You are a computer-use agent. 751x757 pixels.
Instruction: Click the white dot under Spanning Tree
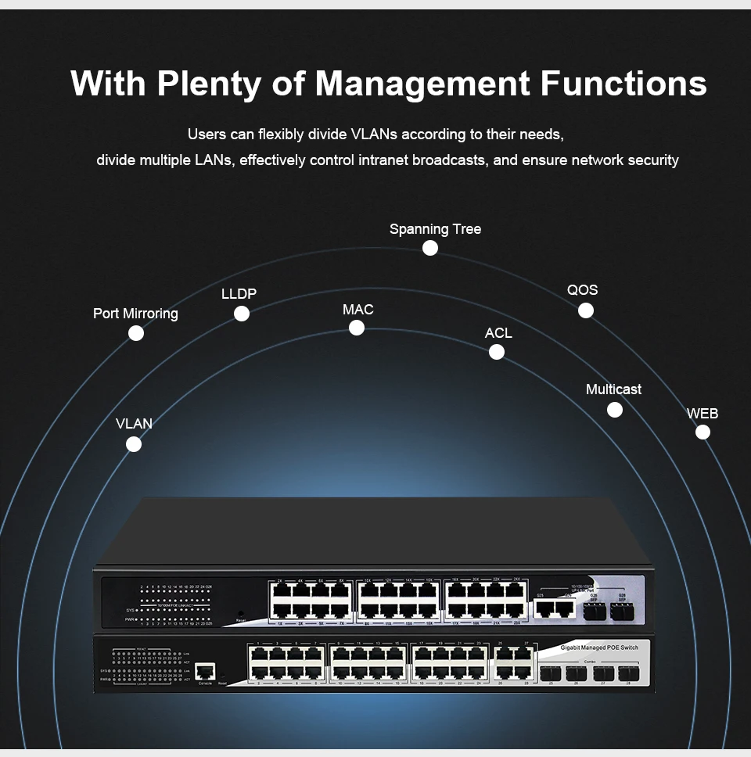429,248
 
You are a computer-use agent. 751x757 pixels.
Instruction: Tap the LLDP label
239,294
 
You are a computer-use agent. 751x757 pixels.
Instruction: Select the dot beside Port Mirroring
136,333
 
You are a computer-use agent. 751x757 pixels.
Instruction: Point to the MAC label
358,310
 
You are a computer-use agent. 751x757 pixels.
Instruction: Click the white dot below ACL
497,352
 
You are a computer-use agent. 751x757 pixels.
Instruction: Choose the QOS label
582,290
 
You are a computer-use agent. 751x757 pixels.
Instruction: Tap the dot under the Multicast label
615,410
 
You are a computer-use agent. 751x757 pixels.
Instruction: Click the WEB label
702,414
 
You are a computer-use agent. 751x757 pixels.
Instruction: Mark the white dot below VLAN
134,444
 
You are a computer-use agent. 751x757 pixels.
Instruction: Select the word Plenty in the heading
208,84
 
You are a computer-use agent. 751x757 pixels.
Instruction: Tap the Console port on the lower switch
205,671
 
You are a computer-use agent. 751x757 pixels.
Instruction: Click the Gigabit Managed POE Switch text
599,648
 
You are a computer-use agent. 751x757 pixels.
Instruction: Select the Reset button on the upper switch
241,615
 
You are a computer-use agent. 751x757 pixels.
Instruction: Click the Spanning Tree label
435,229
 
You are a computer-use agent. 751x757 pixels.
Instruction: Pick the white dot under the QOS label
586,310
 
